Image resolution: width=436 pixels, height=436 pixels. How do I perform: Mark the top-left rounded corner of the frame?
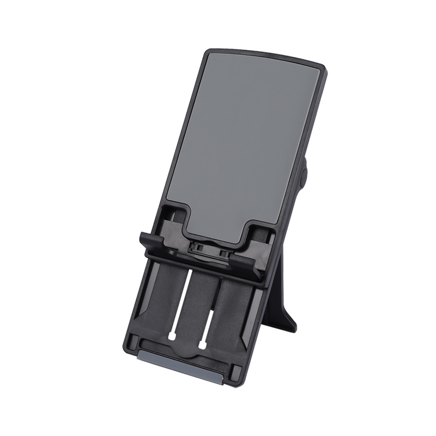[210, 53]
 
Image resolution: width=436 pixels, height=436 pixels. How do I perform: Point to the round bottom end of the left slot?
[172, 337]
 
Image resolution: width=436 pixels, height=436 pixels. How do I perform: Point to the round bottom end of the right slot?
[202, 345]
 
